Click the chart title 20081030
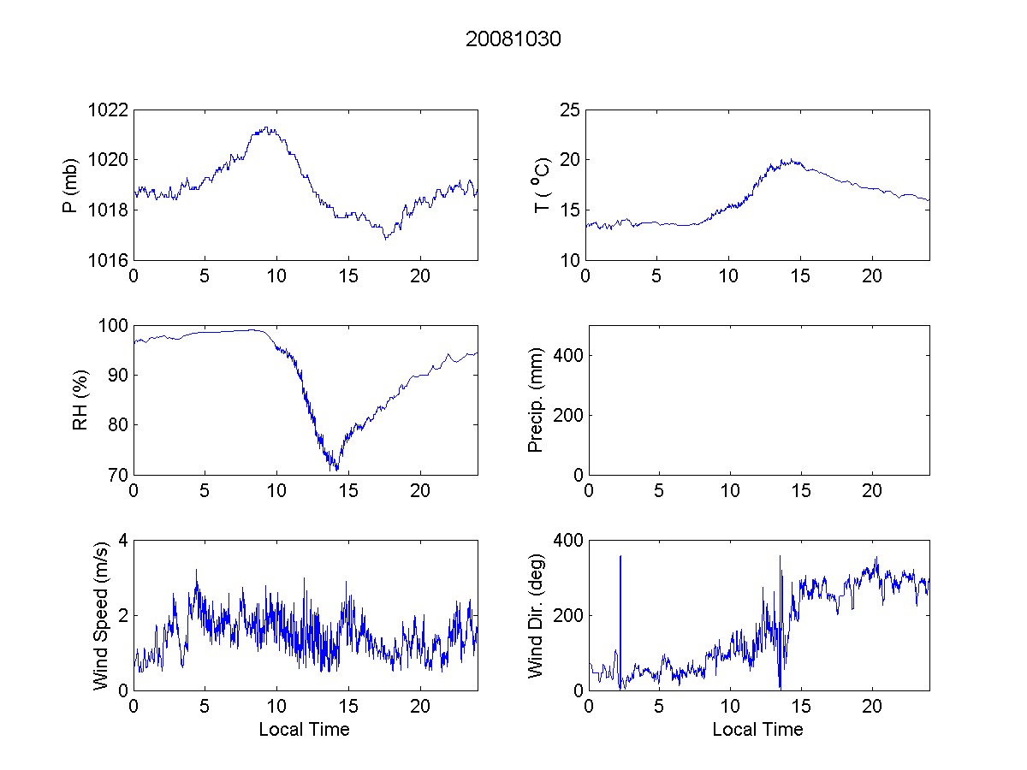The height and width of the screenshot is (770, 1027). click(513, 39)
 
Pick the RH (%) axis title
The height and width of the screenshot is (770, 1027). click(80, 400)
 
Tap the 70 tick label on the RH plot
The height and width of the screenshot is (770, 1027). click(118, 475)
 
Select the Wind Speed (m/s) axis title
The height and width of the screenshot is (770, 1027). click(100, 615)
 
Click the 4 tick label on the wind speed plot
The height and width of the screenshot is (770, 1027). click(122, 541)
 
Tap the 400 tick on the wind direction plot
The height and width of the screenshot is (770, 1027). click(565, 541)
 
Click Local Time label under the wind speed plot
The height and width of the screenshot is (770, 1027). click(304, 730)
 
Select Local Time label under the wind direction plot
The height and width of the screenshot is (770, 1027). click(757, 730)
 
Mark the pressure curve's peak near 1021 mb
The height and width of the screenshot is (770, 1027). click(267, 128)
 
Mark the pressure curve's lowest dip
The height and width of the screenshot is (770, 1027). click(385, 239)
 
